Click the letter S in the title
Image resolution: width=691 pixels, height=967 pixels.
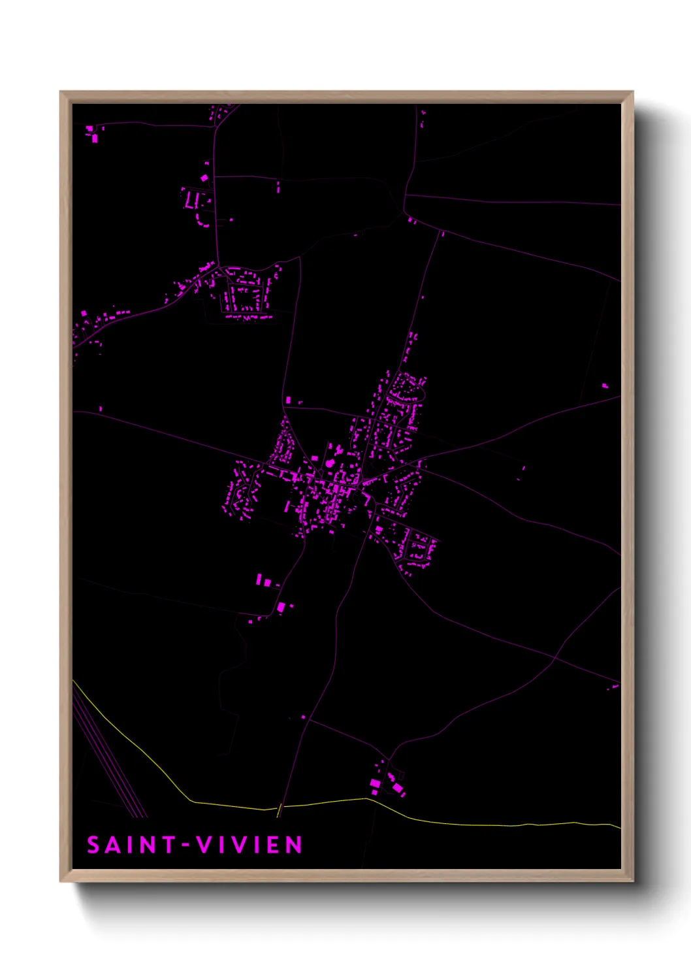click(93, 845)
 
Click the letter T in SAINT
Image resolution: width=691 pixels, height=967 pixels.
click(169, 845)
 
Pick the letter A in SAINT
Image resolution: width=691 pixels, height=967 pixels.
click(112, 845)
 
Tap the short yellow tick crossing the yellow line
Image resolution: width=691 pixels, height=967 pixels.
click(280, 810)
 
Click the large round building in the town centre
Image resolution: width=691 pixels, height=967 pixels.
click(330, 463)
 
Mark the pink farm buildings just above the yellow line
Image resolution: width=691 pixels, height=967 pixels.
click(388, 783)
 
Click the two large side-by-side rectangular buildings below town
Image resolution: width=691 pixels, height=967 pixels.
click(263, 580)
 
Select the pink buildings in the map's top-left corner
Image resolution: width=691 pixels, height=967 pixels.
click(92, 133)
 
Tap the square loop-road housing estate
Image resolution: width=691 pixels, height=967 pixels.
click(246, 298)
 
